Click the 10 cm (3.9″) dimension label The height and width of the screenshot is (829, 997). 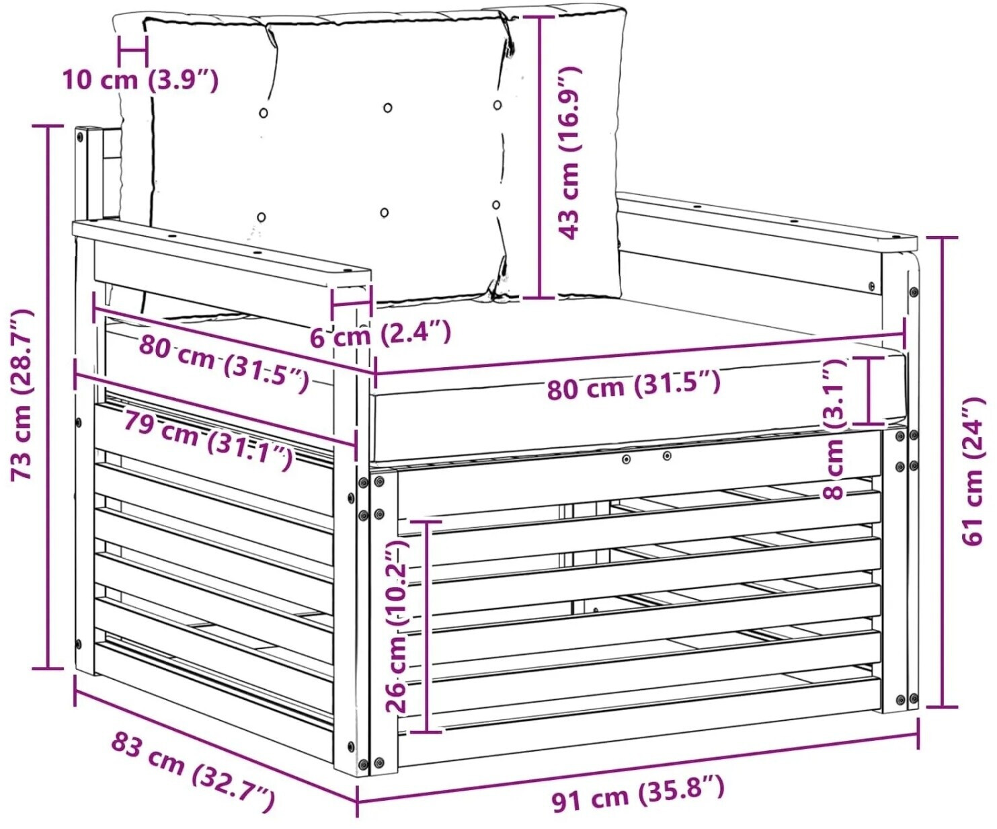tap(141, 80)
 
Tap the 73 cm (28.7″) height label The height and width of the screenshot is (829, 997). tap(22, 394)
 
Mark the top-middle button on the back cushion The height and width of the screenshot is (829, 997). tap(388, 108)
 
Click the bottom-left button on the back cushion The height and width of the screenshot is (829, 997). tap(262, 216)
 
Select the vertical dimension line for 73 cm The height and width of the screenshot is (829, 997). tap(47, 397)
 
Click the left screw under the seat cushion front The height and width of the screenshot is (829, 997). tap(626, 459)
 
